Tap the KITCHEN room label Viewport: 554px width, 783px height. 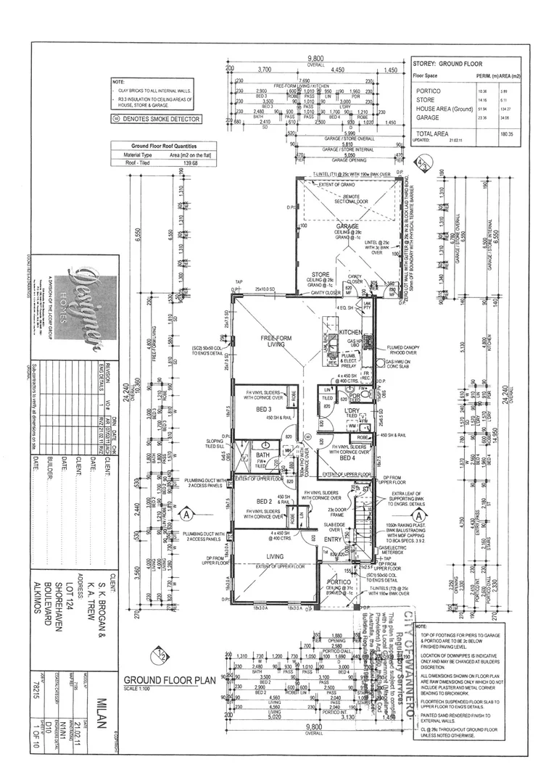coord(351,332)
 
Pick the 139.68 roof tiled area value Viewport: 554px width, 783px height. coord(191,163)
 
